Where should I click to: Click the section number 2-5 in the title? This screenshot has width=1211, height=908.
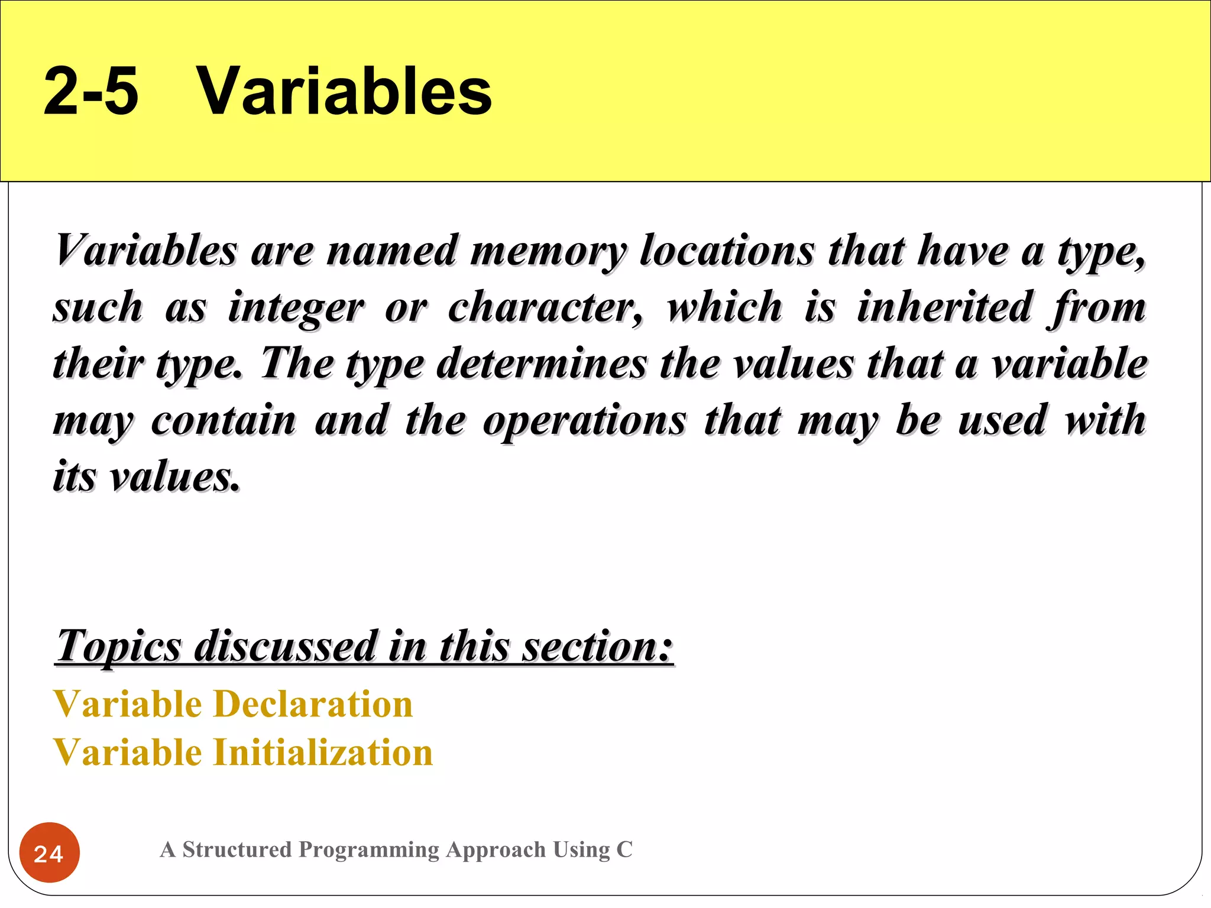91,92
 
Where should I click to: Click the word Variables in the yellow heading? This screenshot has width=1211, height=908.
344,92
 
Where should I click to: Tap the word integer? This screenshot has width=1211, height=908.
296,308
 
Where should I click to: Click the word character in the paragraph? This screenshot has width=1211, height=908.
545,308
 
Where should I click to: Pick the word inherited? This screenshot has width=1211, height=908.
944,307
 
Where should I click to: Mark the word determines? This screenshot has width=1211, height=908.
542,364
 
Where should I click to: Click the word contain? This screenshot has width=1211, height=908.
224,420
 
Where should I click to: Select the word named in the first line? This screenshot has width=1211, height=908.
392,251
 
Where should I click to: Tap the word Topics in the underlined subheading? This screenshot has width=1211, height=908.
119,647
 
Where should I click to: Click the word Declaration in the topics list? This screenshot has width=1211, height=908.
313,704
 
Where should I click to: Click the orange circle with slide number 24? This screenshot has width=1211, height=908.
50,852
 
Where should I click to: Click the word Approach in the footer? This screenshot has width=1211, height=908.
496,850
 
